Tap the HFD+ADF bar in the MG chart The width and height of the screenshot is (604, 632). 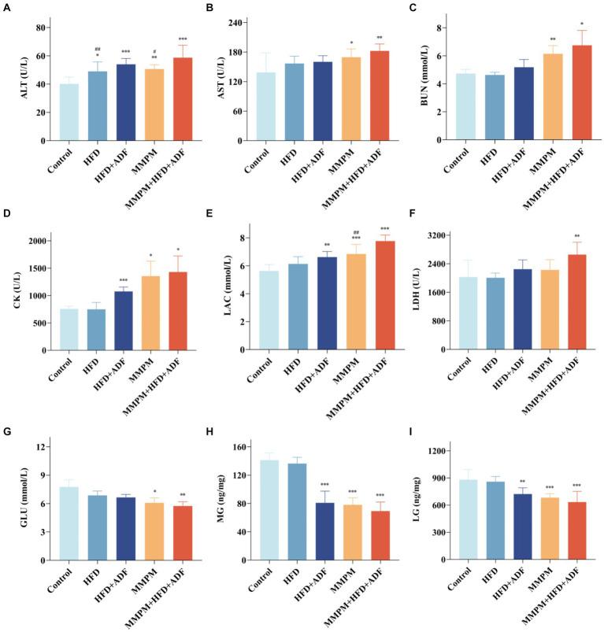coord(327,531)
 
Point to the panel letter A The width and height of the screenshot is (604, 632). coord(7,7)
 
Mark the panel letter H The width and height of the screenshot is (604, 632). coord(210,427)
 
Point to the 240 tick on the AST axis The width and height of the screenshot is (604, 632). coord(232,22)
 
